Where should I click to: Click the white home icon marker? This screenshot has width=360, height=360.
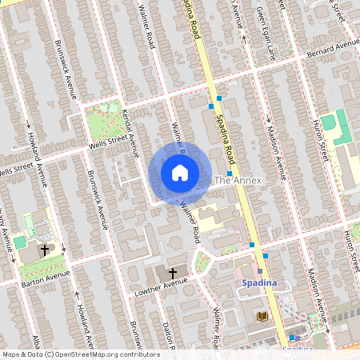coord(180,173)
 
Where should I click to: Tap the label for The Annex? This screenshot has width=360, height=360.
coord(238,181)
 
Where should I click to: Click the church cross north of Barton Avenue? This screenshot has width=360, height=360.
coord(44,250)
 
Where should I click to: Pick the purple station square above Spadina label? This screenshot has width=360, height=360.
coord(260,272)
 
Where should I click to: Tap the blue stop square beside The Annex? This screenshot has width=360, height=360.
coord(230,173)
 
